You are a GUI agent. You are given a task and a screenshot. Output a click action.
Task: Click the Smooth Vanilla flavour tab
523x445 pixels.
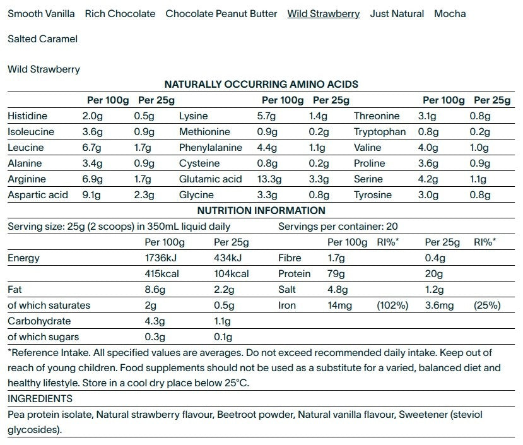[41, 13]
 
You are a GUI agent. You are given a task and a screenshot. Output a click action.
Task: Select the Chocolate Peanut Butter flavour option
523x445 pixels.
[221, 13]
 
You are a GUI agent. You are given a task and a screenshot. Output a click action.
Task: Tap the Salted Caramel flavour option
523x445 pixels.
[42, 39]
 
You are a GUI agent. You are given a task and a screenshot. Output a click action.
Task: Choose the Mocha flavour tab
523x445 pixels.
[450, 13]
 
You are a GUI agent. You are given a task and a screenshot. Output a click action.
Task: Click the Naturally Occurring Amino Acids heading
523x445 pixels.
[261, 84]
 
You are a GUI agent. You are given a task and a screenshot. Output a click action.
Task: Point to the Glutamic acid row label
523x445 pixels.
[211, 179]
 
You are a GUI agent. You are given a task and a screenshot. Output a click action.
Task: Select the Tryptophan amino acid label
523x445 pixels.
[380, 132]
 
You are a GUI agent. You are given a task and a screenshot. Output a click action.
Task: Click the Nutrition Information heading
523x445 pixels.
[261, 211]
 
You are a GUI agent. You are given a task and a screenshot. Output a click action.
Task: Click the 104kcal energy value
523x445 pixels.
[232, 274]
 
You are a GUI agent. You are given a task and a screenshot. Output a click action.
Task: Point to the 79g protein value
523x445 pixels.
[336, 274]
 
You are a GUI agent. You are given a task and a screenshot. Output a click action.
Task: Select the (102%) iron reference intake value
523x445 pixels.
[392, 306]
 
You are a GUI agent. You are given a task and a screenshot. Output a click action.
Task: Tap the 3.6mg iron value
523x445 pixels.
[439, 306]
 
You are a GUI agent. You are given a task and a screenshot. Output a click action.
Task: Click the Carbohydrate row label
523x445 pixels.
[35, 321]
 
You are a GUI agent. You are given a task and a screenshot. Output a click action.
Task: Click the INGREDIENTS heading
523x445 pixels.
[40, 399]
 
